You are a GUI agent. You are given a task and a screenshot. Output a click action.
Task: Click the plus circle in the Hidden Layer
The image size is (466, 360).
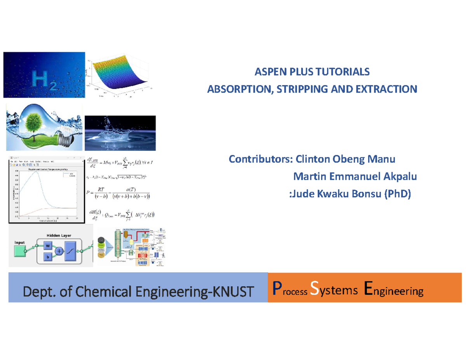pyautogui.click(x=59, y=251)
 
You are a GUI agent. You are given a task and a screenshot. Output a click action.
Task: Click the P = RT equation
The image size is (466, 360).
pyautogui.click(x=120, y=193)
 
